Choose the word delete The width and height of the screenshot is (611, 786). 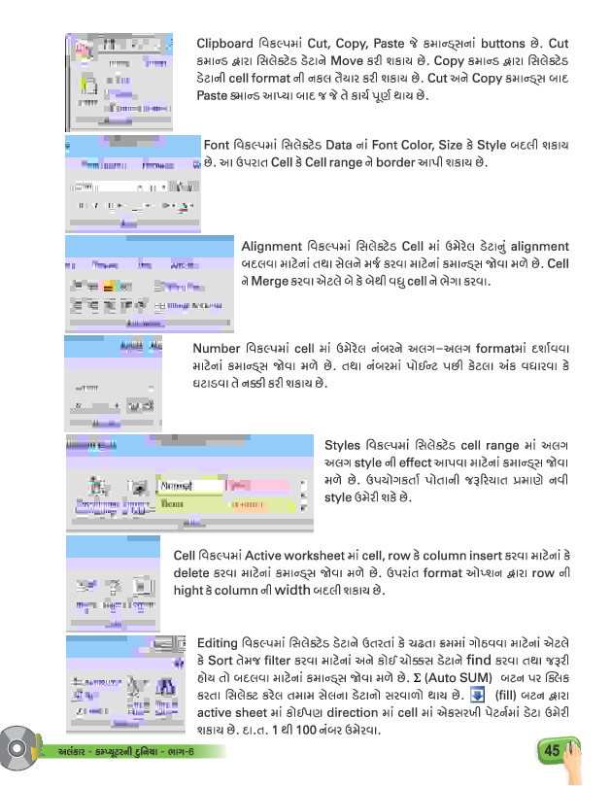click(193, 572)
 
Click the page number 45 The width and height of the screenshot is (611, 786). click(552, 750)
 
